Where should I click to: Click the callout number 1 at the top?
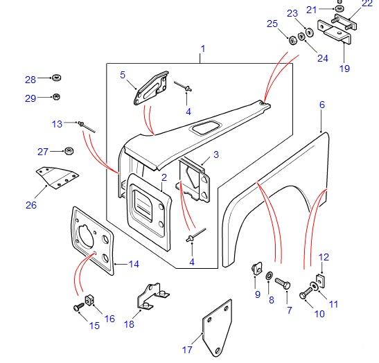tap(203, 48)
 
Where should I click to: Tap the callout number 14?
tap(134, 264)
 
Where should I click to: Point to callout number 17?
tap(187, 350)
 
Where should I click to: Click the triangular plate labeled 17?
tap(218, 331)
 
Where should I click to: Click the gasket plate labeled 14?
tap(94, 236)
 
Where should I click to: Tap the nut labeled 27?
tap(69, 150)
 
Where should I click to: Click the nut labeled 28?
tap(57, 78)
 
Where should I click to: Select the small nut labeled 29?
tap(57, 97)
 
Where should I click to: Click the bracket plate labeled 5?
tap(151, 87)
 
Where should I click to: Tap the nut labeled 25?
tap(292, 39)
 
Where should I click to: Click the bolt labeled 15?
tap(76, 306)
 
